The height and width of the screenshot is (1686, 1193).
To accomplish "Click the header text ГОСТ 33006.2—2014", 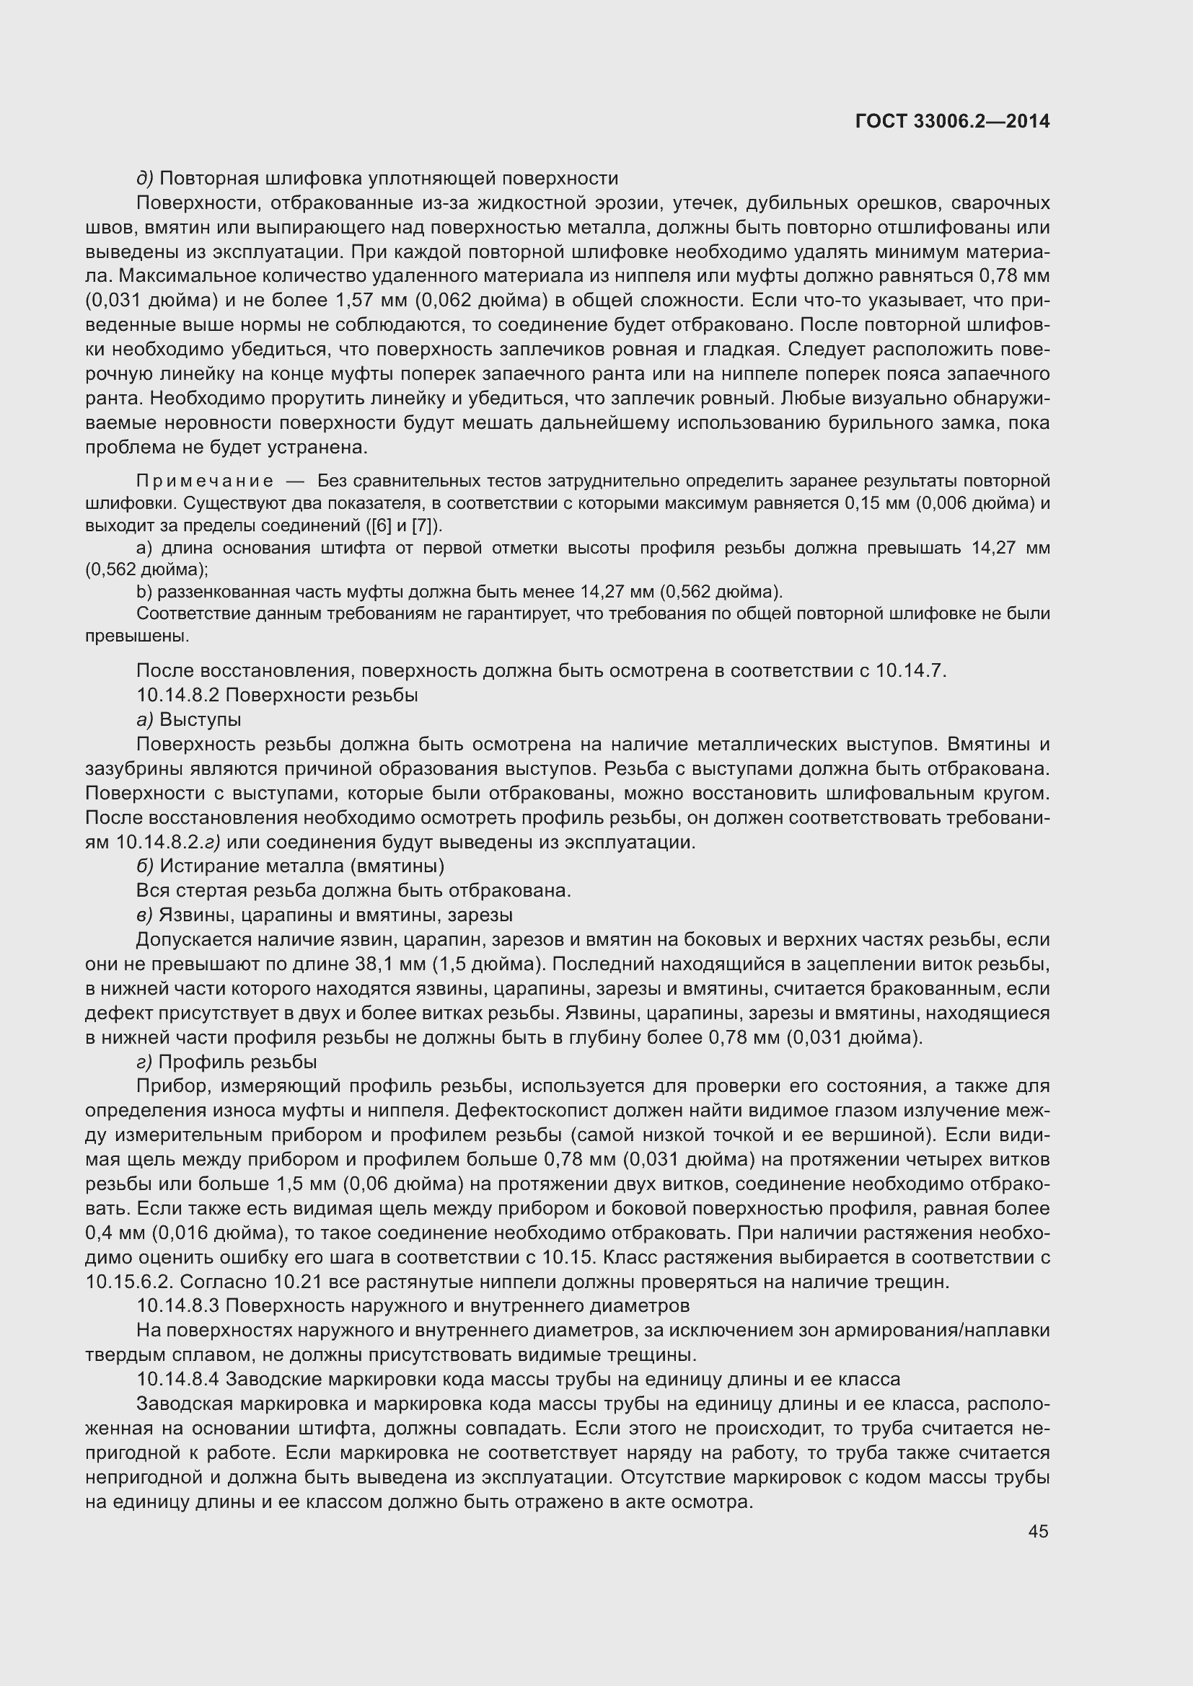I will pyautogui.click(x=952, y=121).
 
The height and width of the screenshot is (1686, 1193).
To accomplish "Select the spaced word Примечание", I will pyautogui.click(x=205, y=481).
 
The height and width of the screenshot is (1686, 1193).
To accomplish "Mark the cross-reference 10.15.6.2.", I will pyautogui.click(x=128, y=1282).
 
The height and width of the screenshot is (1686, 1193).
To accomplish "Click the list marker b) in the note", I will pyautogui.click(x=144, y=591).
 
